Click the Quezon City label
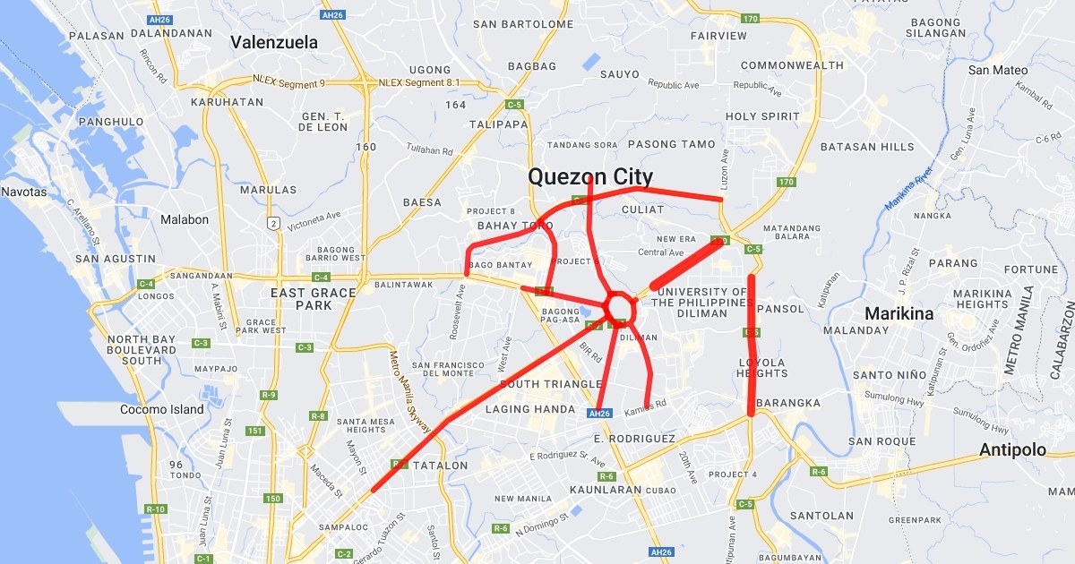(590, 176)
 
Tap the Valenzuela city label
(274, 42)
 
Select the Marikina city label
(899, 313)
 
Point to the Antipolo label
(1012, 449)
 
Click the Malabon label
(185, 219)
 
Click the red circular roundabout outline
(619, 307)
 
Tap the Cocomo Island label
(162, 410)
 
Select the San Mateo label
(998, 70)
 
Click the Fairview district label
(718, 36)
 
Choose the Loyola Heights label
(761, 368)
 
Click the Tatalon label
(440, 466)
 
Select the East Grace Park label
(314, 299)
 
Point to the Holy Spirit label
(762, 116)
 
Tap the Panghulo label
(111, 122)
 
